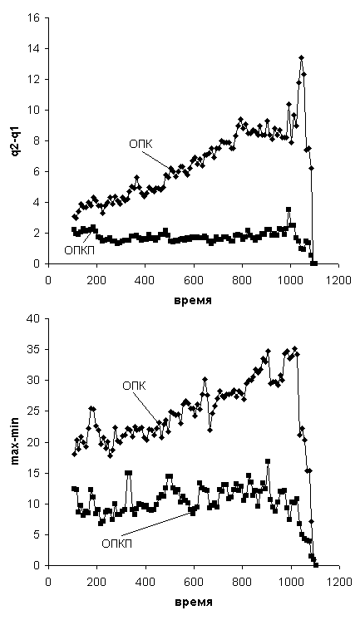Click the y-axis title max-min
click(x=16, y=442)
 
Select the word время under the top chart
click(x=193, y=301)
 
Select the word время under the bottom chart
click(x=193, y=602)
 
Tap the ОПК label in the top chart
click(x=141, y=145)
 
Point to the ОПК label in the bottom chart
click(x=135, y=386)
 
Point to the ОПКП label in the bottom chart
click(x=117, y=544)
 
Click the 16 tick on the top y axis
click(x=34, y=18)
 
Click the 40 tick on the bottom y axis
click(x=34, y=319)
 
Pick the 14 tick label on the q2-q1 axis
click(x=34, y=49)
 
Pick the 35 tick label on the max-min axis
click(x=34, y=350)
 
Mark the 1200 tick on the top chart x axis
click(x=339, y=281)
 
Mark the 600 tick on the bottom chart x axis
click(x=194, y=582)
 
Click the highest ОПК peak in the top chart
click(x=302, y=58)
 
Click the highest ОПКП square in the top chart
click(x=288, y=209)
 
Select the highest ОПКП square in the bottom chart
click(x=268, y=461)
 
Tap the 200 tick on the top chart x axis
click(x=97, y=281)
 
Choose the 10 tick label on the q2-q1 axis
click(x=34, y=110)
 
